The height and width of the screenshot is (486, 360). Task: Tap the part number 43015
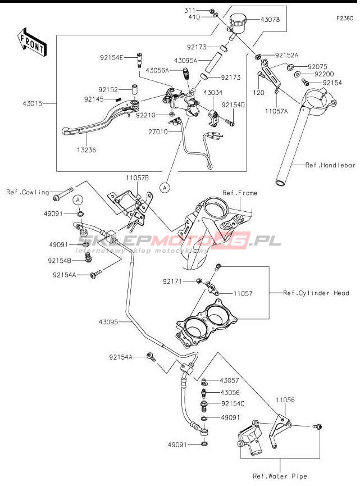pyautogui.click(x=33, y=104)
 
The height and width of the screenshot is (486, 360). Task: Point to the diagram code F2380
pyautogui.click(x=344, y=18)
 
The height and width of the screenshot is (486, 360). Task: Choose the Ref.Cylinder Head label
pyautogui.click(x=316, y=293)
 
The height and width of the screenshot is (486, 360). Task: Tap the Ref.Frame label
pyautogui.click(x=240, y=193)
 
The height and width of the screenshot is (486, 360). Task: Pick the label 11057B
pyautogui.click(x=137, y=178)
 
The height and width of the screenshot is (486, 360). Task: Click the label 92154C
pyautogui.click(x=234, y=403)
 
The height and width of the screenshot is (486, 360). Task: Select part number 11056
pyautogui.click(x=285, y=401)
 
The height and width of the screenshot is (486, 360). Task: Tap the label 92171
pyautogui.click(x=173, y=280)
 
